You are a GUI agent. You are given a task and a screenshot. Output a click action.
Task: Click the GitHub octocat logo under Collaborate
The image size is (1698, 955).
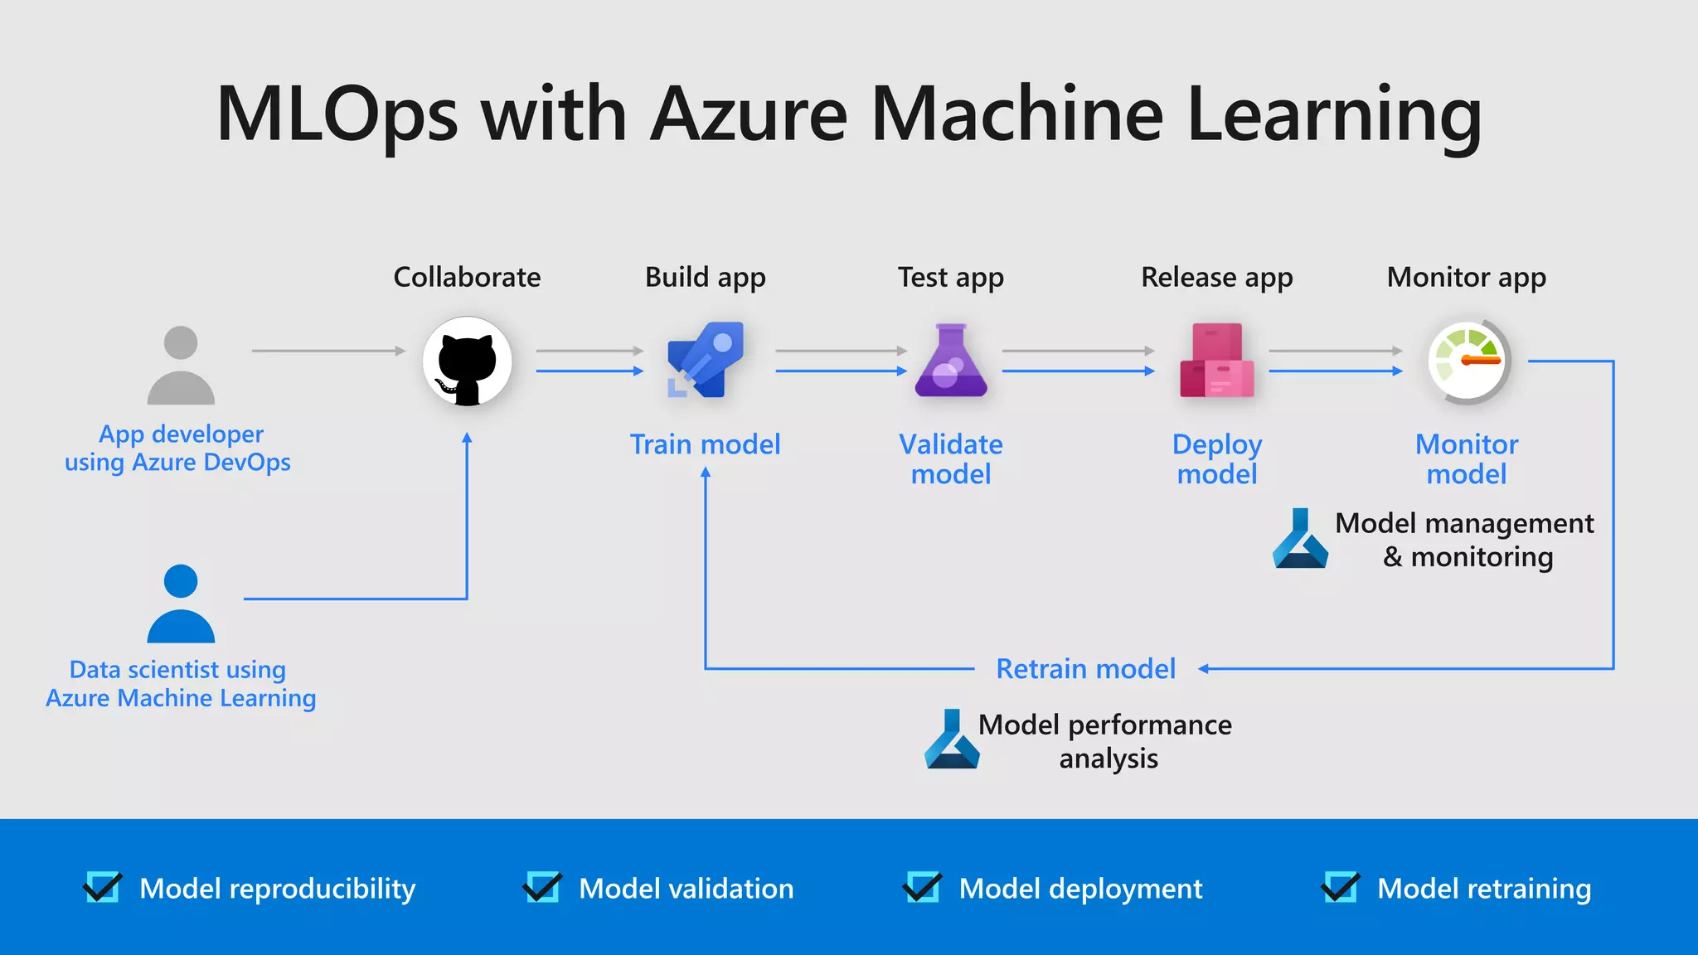(467, 361)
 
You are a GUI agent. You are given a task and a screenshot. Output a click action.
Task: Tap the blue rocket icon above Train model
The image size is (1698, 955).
(706, 360)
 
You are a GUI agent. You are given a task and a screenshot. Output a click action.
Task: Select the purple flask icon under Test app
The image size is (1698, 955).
(951, 361)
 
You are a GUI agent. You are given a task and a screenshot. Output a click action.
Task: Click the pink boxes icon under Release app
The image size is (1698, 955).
(1216, 361)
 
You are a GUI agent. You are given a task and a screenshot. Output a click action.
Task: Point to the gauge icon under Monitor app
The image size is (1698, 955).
(1468, 361)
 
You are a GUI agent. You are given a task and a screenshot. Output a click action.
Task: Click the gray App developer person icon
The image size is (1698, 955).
(181, 366)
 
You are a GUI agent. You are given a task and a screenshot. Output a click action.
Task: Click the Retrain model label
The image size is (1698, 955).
(1085, 668)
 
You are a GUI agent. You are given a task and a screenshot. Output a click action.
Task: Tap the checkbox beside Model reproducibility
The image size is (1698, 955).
(103, 888)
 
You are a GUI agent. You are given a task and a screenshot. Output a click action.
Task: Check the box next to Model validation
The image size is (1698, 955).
(542, 888)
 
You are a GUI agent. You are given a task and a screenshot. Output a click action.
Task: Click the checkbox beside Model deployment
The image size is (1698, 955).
(922, 888)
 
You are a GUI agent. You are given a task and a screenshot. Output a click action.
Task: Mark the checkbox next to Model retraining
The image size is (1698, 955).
(1340, 888)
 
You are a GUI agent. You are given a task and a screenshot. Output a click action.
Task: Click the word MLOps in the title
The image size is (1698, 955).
(337, 114)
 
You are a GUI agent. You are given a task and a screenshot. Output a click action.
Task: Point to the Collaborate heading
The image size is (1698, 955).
(467, 277)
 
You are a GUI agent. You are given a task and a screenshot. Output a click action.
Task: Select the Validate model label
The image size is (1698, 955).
(951, 459)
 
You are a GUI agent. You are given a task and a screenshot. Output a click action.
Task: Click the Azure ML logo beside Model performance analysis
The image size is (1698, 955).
(952, 739)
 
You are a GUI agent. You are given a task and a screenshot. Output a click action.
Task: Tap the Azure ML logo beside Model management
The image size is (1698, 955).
(1300, 539)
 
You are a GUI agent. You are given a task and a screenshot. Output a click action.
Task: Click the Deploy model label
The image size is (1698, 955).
(1216, 459)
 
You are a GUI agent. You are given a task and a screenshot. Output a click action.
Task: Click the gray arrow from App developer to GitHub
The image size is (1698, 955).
(328, 351)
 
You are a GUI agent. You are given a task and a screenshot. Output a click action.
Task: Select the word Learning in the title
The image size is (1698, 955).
(1333, 114)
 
